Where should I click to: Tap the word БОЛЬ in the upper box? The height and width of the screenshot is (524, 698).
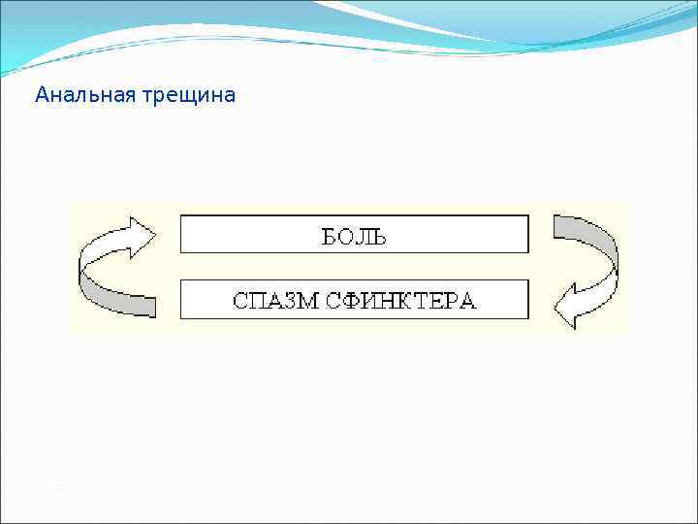coord(354,236)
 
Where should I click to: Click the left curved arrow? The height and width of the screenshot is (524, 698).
coord(111,266)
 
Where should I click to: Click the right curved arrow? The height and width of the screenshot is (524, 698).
coord(587,268)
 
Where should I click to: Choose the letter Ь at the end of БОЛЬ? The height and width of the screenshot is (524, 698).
coord(379,236)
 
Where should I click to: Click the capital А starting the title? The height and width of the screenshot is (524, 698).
coord(41,96)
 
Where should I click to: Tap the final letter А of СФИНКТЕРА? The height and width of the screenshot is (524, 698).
coord(468,300)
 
